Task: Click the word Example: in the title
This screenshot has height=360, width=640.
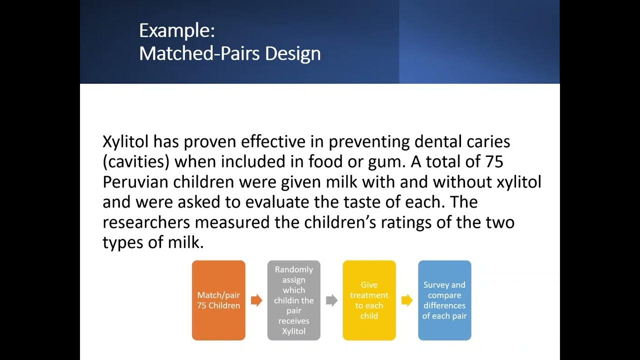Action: tap(176, 31)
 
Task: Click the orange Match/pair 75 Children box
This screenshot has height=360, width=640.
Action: tap(218, 300)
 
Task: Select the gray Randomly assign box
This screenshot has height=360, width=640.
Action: tap(293, 300)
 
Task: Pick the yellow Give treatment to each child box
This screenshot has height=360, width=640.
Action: tap(369, 300)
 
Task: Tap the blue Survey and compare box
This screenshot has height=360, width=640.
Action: tap(444, 300)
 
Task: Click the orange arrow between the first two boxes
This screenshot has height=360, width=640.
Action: tap(256, 300)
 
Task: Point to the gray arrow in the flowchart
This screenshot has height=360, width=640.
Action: tap(331, 300)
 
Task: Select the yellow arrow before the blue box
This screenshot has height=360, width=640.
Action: tap(407, 300)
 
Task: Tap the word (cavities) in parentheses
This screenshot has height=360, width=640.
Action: tap(135, 162)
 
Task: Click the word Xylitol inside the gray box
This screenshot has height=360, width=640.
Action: tap(293, 331)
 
